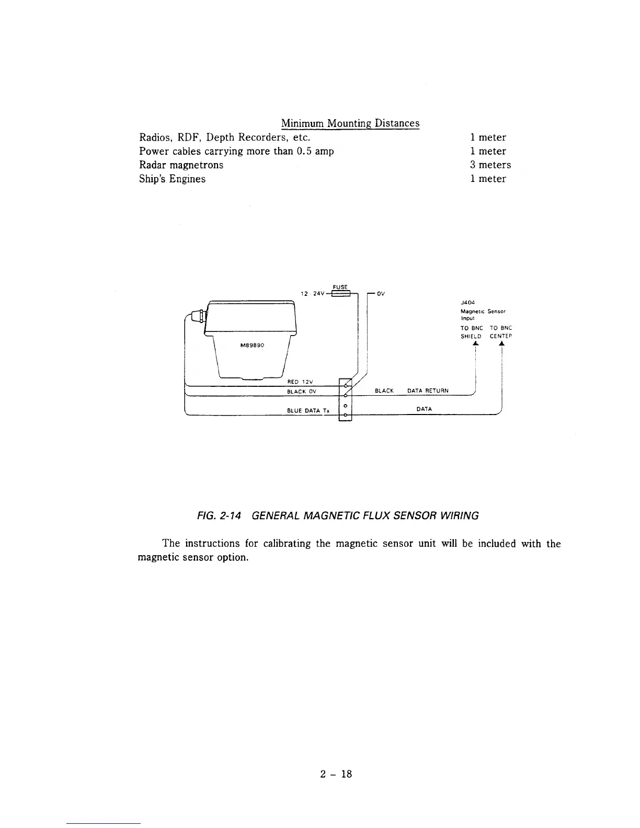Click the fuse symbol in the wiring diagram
click(340, 294)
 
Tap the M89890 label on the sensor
click(253, 344)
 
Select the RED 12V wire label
click(301, 381)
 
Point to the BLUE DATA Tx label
click(308, 411)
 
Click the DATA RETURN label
click(428, 391)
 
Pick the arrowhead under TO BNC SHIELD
click(475, 344)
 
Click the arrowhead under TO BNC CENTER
click(501, 344)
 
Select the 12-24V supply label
click(312, 294)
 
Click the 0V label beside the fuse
click(381, 294)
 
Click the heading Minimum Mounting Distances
click(350, 123)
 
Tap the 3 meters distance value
click(490, 165)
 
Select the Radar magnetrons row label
click(181, 165)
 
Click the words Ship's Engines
click(172, 179)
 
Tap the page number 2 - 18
click(336, 774)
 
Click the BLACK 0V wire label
click(301, 392)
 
